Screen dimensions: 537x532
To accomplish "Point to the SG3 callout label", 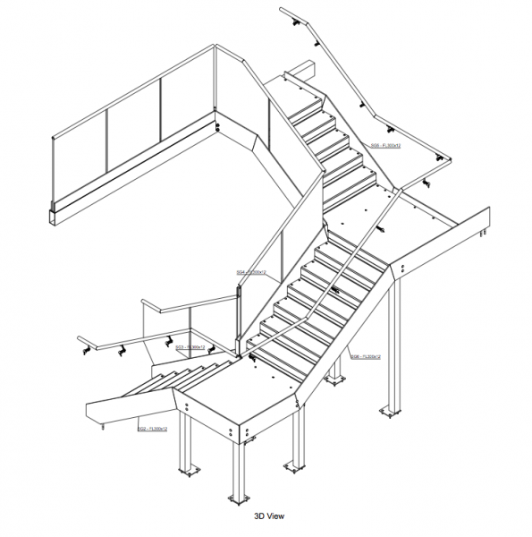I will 190,347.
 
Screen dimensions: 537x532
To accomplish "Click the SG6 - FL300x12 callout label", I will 367,355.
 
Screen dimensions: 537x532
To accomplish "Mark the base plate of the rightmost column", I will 391,413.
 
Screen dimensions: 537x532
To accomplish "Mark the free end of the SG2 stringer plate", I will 93,413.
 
